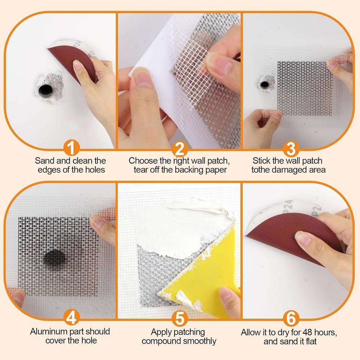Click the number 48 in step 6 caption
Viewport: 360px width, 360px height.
coord(310,332)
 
